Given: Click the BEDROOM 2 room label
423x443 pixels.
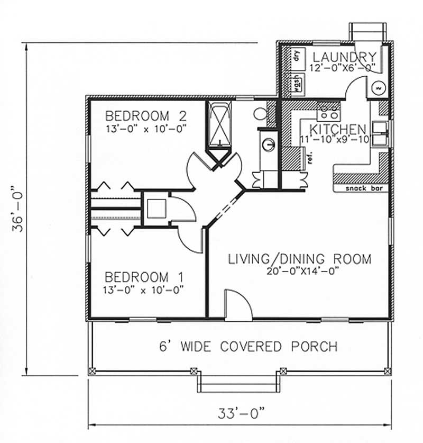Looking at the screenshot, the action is (x=146, y=116).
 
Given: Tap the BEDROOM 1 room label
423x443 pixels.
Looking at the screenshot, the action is (x=144, y=277).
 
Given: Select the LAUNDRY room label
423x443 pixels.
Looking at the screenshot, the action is (x=345, y=57).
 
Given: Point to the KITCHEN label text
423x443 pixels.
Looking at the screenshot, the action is (x=338, y=129).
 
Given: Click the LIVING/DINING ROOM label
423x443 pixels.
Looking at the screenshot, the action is (x=299, y=259).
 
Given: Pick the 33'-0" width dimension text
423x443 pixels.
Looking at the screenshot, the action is (x=242, y=414).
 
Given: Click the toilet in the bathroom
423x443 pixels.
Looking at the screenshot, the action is (x=260, y=114).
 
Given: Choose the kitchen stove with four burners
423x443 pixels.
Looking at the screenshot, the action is (x=328, y=111).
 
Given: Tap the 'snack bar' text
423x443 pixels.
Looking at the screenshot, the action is (x=364, y=188).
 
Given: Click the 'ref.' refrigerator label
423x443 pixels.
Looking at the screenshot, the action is (x=310, y=158).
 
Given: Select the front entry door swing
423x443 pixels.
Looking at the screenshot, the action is (x=238, y=305).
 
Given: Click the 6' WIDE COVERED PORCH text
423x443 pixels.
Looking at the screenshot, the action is (x=249, y=347).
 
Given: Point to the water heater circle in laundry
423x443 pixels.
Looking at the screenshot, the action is (x=378, y=88).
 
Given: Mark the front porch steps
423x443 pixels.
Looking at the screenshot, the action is (x=239, y=382).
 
